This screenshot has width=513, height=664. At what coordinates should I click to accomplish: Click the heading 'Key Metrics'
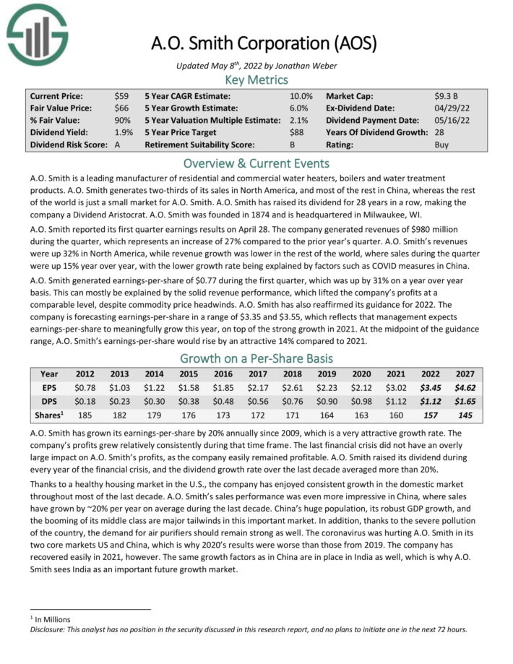(x=256, y=79)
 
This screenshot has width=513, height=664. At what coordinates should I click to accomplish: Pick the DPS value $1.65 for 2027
(x=465, y=400)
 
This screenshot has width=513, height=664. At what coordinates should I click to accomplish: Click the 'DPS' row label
(x=49, y=400)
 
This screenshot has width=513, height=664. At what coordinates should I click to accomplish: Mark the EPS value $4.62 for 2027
(x=465, y=387)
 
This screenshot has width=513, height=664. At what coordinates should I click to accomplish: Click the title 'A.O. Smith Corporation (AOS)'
(x=264, y=43)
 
